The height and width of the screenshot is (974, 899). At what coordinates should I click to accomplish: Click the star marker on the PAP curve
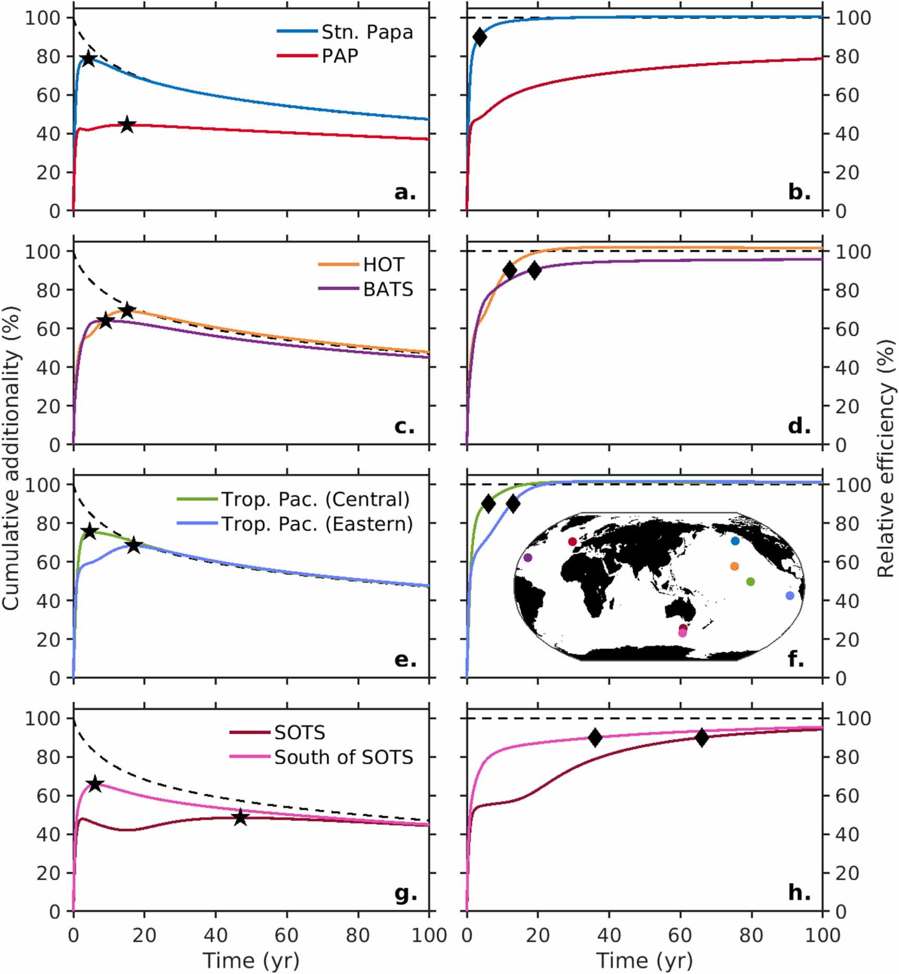click(127, 125)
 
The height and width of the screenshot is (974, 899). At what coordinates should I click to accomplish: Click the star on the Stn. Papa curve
click(89, 58)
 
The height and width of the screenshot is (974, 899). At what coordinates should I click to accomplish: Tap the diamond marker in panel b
click(479, 37)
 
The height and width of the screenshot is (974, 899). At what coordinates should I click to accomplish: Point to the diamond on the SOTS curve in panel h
click(701, 737)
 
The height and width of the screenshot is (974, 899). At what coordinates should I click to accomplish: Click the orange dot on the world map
click(734, 566)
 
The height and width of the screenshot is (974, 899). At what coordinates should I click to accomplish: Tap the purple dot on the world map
click(527, 558)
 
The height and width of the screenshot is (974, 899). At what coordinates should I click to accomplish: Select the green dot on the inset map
click(750, 582)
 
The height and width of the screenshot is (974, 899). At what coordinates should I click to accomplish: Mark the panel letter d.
click(799, 426)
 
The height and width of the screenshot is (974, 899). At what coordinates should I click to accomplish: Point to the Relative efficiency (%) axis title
click(886, 458)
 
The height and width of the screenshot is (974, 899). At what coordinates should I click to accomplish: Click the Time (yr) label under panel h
click(644, 960)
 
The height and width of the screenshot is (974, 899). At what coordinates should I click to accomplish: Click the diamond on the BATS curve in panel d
click(534, 270)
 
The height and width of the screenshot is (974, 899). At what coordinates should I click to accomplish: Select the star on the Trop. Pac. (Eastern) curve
click(134, 546)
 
